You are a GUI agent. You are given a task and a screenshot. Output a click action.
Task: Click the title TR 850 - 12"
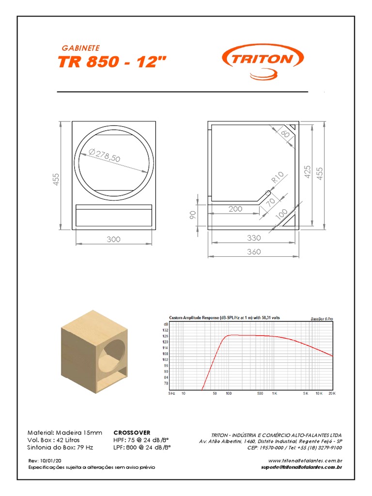tap(113, 62)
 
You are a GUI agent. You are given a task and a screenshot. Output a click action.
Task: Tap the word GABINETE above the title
tap(81, 48)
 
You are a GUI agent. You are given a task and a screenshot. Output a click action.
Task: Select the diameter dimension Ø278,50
tap(105, 156)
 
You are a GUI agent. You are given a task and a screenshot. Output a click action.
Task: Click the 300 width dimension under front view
tap(114, 239)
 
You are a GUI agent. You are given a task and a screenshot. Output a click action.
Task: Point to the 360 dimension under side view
tap(253, 251)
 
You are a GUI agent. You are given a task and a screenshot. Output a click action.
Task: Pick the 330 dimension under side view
tap(253, 238)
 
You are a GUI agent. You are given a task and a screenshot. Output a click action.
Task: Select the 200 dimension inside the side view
tap(235, 209)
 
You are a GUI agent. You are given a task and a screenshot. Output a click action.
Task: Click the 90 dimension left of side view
tap(193, 214)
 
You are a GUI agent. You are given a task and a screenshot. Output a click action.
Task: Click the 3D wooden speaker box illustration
tap(95, 353)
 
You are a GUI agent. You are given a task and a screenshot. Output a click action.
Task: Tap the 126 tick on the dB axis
tap(166, 336)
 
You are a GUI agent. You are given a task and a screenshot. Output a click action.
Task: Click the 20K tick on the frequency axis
tap(331, 394)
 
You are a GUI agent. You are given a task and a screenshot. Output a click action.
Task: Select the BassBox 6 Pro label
tap(322, 318)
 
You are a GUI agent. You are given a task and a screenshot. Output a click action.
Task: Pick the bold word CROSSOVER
tap(132, 433)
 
